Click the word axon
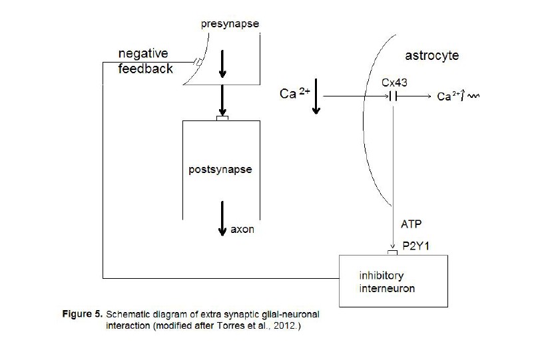243,230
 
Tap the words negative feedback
146,60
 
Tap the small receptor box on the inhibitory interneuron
393,252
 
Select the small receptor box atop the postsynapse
222,118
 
